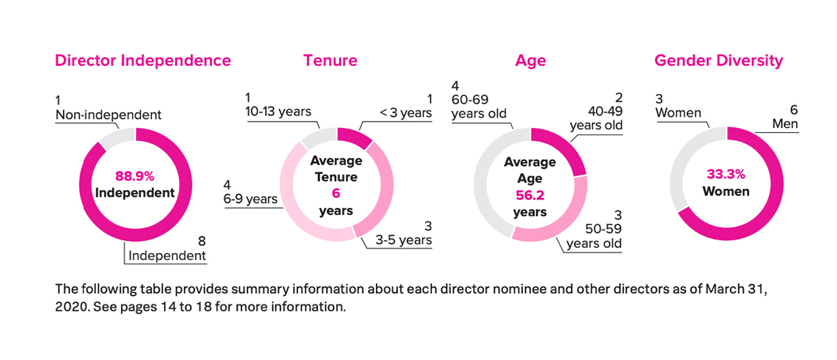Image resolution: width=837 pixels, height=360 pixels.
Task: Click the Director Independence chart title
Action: coord(143,60)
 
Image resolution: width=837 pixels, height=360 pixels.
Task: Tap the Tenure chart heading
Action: coord(331,60)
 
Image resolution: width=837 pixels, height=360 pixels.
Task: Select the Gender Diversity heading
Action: coord(718,61)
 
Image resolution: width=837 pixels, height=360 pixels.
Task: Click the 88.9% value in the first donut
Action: coord(135,176)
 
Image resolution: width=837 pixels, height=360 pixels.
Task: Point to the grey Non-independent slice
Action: coord(117,137)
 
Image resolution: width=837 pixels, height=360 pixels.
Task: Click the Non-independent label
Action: coord(108,115)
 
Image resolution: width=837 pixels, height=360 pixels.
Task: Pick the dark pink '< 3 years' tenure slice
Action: coord(354,137)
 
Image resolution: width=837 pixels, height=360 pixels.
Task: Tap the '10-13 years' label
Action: coord(279,111)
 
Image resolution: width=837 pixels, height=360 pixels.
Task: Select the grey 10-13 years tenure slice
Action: coord(319,137)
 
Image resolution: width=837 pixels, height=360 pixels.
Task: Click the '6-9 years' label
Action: coord(250,199)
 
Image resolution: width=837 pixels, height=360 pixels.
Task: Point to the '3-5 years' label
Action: coord(404,240)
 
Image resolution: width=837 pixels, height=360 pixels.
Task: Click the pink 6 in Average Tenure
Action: coord(336,193)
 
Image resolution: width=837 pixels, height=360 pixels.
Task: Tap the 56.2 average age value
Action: coord(530,195)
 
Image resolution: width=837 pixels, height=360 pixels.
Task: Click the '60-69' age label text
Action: coord(470,99)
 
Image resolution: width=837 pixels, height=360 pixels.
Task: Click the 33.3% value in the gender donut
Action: coord(726,174)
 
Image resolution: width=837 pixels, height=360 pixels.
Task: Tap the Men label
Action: coord(785,124)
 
